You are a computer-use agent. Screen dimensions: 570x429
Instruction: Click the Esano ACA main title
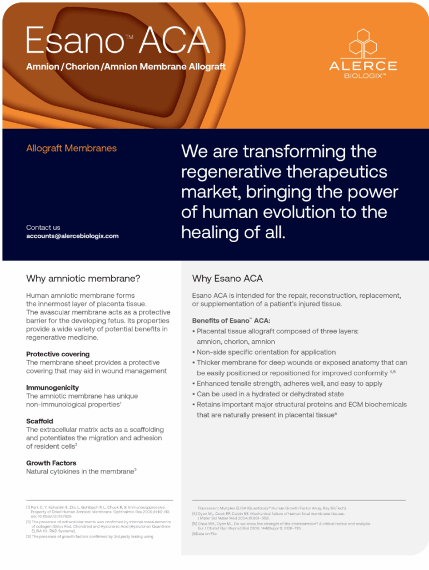117,41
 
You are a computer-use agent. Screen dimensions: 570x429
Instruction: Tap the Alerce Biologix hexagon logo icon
363,45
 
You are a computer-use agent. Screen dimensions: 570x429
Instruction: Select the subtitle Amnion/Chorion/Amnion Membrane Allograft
126,67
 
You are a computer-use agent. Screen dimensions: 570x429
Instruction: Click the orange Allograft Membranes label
71,149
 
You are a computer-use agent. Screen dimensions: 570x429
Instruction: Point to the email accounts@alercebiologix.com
72,236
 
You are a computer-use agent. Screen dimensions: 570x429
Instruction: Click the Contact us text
43,227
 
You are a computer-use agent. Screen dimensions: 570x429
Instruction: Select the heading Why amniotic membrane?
83,278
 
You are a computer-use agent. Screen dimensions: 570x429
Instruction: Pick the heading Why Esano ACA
227,278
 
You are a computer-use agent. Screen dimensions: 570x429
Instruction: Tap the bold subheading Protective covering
58,354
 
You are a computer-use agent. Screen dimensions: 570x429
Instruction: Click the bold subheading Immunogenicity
52,387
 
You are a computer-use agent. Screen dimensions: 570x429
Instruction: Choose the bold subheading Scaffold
39,421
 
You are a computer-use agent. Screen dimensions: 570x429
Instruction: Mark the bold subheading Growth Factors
51,463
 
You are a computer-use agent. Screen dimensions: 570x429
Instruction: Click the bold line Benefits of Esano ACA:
231,321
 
